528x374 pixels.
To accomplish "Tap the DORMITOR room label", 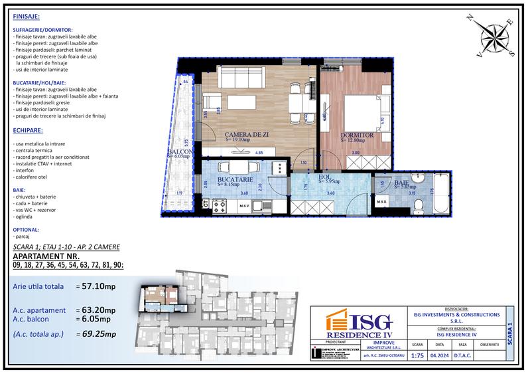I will [x=358, y=135].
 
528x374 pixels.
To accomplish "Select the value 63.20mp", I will [x=98, y=310].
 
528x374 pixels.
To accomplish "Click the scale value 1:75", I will [x=417, y=355].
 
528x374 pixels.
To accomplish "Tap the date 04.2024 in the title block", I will [x=440, y=355].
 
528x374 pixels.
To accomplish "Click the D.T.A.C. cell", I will [x=463, y=355].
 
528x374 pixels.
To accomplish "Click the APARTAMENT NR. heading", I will [x=46, y=256].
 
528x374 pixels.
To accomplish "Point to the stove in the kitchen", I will [x=278, y=168].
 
